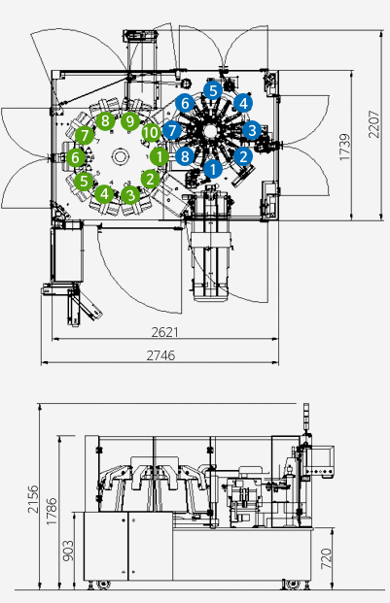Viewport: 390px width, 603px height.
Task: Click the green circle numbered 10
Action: point(151,133)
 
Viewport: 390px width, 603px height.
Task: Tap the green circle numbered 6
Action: point(76,157)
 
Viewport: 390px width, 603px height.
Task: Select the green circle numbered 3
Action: point(130,195)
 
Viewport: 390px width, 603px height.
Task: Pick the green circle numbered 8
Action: point(105,121)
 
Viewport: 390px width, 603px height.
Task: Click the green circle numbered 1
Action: point(159,157)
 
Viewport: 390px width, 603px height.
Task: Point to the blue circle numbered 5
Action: point(213,91)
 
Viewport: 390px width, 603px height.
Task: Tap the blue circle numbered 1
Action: point(213,169)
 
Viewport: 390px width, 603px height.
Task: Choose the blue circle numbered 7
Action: point(172,130)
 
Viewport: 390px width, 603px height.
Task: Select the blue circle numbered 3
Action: point(252,130)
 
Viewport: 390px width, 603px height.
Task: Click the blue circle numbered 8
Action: point(185,156)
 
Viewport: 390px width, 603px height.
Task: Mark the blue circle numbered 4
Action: point(243,103)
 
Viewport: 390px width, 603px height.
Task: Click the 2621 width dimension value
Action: point(164,332)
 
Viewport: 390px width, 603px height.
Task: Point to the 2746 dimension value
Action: point(160,355)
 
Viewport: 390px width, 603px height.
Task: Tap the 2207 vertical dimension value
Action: point(373,124)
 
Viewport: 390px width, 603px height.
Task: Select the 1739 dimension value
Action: point(345,148)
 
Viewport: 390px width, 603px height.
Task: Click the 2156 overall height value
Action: point(33,499)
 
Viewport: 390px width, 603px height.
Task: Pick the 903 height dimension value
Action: point(68,551)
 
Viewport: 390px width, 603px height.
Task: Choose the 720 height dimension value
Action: point(326,558)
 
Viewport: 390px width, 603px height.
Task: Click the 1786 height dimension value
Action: point(52,512)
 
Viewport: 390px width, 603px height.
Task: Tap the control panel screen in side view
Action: point(322,458)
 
